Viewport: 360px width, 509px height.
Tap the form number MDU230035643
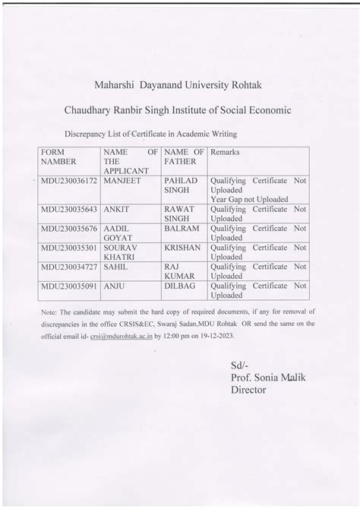coord(70,208)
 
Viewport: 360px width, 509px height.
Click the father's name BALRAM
coord(179,228)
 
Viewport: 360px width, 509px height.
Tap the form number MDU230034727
coord(70,267)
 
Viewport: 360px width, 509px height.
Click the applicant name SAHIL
coord(113,267)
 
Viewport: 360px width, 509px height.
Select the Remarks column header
coord(225,153)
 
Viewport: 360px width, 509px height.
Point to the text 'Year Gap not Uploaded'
coord(249,200)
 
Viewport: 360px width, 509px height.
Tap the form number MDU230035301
coord(70,248)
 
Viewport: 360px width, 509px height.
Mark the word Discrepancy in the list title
coord(89,133)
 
